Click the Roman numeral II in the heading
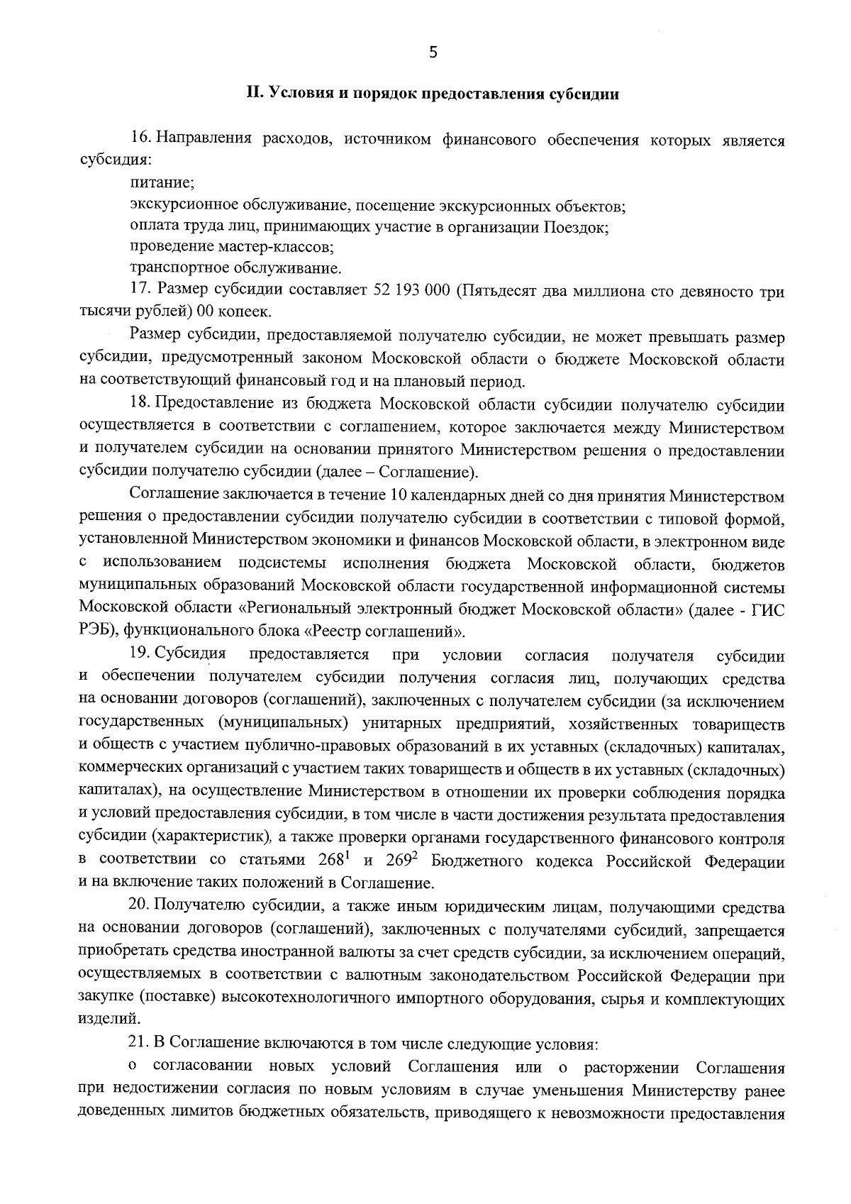[253, 94]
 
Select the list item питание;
[162, 183]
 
